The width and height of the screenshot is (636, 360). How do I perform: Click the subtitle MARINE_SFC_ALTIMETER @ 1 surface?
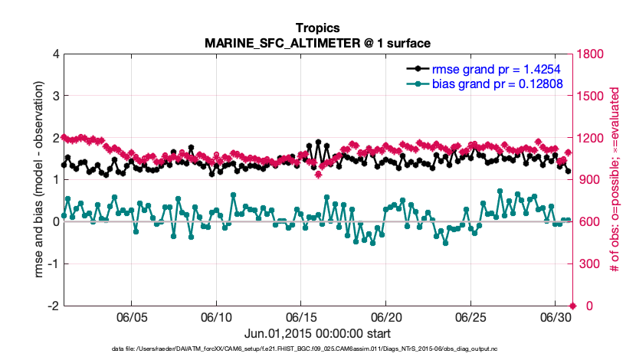(316, 42)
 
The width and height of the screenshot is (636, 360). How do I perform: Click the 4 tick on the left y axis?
(55, 54)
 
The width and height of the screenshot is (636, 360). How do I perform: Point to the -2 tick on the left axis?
(52, 306)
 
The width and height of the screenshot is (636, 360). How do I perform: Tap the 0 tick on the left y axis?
(55, 222)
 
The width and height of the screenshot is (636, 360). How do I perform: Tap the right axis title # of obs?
(615, 180)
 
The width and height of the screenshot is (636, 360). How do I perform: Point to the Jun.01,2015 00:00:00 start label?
(316, 333)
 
